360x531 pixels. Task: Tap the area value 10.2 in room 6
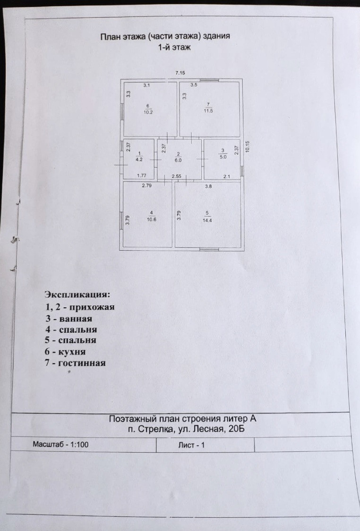147,112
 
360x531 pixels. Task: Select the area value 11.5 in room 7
208,111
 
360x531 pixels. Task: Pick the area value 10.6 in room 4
151,218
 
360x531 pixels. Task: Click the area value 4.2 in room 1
139,160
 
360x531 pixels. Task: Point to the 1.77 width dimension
141,176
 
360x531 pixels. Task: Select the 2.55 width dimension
177,176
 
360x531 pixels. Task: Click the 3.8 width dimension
208,186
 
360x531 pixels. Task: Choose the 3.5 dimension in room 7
194,85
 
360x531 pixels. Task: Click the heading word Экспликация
77,295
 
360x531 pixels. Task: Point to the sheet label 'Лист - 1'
192,445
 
